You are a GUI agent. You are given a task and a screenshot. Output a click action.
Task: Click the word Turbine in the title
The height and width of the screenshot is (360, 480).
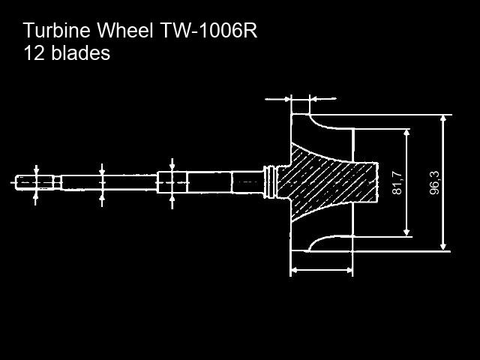click(57, 30)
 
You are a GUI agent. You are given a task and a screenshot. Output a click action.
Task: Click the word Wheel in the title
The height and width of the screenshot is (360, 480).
click(125, 30)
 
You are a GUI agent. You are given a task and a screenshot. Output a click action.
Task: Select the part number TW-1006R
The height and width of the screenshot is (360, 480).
click(208, 30)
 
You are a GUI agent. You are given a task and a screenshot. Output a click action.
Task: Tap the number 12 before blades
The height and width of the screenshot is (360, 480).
click(34, 52)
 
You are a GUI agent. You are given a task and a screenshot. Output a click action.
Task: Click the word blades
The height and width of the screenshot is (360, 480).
click(80, 52)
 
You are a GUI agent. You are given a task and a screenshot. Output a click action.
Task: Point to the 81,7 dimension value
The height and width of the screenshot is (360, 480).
click(397, 183)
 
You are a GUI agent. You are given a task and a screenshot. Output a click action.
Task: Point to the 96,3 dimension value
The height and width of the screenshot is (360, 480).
click(434, 183)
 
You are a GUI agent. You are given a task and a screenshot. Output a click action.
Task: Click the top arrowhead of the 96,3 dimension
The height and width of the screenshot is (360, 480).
click(443, 118)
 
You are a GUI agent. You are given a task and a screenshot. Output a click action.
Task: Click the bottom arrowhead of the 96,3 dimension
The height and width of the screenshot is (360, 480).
click(443, 247)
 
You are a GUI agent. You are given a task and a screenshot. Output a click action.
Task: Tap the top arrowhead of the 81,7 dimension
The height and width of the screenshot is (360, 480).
click(406, 133)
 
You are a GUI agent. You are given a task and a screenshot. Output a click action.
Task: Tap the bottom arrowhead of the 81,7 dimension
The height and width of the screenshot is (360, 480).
click(406, 233)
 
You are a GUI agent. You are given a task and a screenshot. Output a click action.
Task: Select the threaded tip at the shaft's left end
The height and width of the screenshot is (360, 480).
click(34, 183)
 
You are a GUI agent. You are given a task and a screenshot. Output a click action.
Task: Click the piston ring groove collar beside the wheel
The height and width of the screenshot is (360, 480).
click(269, 182)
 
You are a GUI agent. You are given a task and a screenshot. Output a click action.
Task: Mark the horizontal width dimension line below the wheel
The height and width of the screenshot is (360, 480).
click(322, 270)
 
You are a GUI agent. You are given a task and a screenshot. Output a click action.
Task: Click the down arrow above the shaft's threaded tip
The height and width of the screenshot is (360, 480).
click(37, 170)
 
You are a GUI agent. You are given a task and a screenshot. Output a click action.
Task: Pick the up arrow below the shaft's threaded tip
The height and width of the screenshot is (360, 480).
click(36, 196)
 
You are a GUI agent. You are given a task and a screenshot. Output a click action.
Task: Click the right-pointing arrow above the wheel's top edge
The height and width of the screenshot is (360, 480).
click(277, 99)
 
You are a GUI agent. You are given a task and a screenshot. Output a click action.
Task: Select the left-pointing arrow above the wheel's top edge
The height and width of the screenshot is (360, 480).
click(323, 99)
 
